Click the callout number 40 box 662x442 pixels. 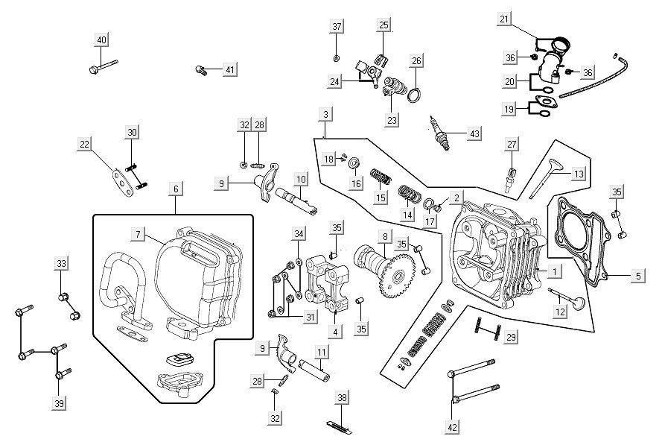pos(102,40)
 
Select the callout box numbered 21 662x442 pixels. pos(505,19)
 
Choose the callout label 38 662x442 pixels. pos(342,397)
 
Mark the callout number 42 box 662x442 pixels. pos(452,427)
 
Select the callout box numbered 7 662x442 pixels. pos(138,234)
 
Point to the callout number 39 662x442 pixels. pos(59,403)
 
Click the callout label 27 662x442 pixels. pos(512,144)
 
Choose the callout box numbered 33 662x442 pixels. pos(61,263)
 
